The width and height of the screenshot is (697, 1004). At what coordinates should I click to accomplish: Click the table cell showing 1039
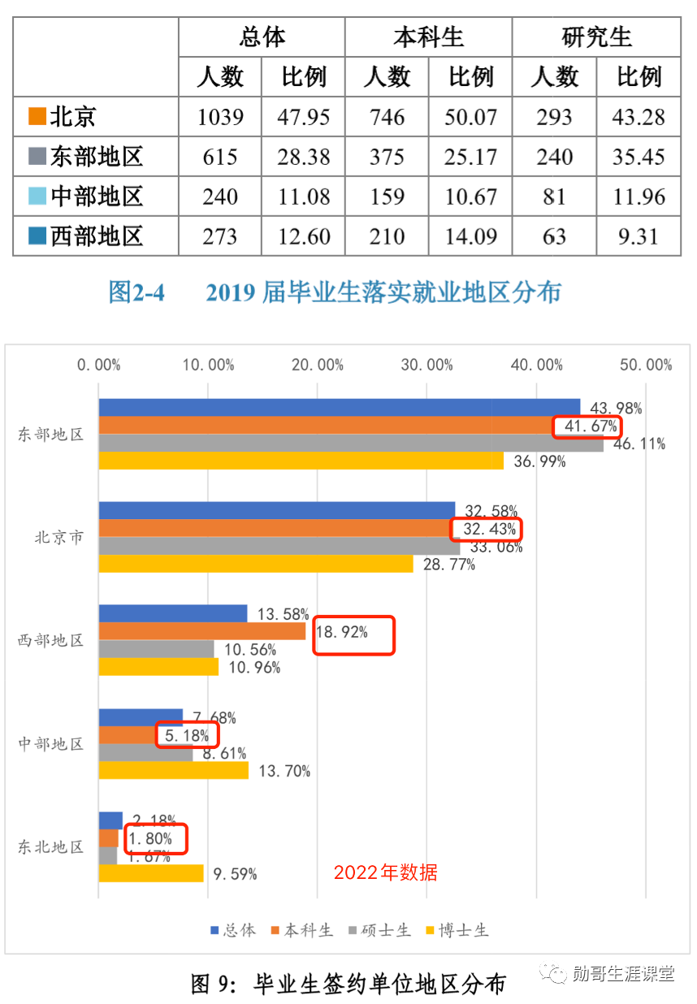point(220,117)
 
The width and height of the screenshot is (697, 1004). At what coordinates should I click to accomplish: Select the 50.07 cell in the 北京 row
point(470,117)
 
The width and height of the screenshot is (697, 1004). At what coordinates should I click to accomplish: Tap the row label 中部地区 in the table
point(96,197)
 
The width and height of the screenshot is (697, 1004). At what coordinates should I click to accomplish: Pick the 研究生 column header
point(596,37)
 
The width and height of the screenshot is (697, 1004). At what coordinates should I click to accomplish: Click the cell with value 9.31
point(639,236)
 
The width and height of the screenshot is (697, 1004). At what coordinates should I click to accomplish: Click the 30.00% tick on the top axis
point(426,366)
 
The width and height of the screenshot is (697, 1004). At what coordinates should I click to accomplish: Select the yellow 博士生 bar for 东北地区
point(151,873)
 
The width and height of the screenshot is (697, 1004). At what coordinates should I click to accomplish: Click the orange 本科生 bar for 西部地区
point(202,631)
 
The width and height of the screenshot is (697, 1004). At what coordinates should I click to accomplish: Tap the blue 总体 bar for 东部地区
point(340,408)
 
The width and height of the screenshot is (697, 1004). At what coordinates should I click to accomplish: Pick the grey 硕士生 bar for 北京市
point(279,547)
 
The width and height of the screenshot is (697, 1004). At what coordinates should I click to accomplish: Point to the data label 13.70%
point(284,771)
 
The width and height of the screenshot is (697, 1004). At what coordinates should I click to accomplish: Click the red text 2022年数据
point(385,872)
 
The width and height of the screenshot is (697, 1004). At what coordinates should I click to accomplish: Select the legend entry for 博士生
point(457,930)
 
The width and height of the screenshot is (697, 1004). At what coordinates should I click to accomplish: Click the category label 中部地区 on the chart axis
point(51,743)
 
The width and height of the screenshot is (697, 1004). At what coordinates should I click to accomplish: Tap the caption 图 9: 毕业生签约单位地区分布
point(348,984)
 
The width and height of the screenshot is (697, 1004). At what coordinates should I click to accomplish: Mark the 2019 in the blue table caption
point(231,292)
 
